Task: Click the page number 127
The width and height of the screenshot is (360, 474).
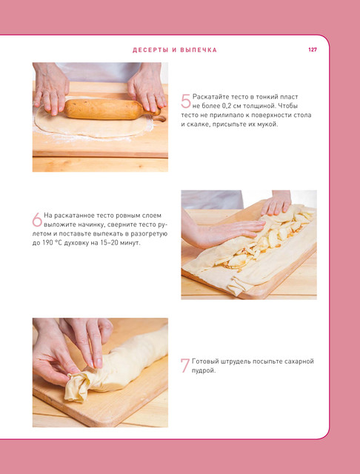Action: pyautogui.click(x=313, y=50)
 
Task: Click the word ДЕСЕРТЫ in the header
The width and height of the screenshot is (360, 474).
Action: pyautogui.click(x=150, y=50)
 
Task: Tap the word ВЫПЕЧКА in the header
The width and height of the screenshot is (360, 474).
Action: pyautogui.click(x=199, y=50)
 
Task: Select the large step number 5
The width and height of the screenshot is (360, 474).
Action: pyautogui.click(x=186, y=101)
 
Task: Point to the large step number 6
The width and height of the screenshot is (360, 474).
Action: pyautogui.click(x=37, y=219)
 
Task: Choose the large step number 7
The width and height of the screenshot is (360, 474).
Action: pyautogui.click(x=185, y=365)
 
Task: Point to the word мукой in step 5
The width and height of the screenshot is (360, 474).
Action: pyautogui.click(x=268, y=124)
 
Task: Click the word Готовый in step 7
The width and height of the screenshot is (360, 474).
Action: pyautogui.click(x=202, y=361)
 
